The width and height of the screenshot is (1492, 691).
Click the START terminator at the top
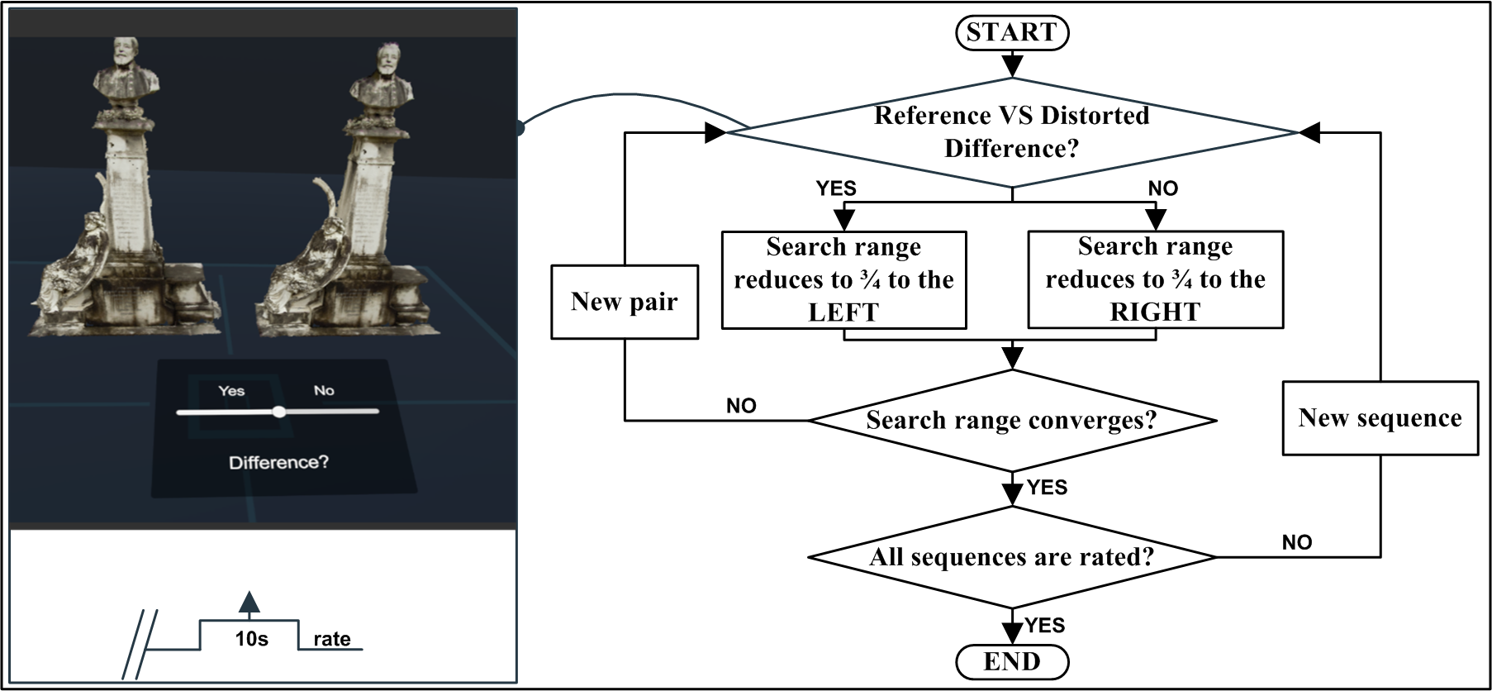[x=1011, y=33]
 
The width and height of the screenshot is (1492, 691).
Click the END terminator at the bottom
[x=1011, y=662]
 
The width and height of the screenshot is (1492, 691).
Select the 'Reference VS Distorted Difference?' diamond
[x=1011, y=132]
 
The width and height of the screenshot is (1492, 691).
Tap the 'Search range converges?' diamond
[x=1011, y=420]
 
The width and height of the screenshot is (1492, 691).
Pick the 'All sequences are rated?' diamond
[x=1011, y=557]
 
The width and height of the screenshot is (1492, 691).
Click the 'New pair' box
[x=625, y=302]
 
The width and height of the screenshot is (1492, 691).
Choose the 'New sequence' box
[x=1380, y=418]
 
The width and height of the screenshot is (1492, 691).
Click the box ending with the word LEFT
[x=843, y=279]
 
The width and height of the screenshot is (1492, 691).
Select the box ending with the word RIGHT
[x=1155, y=279]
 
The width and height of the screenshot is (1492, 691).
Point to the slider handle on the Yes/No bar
[x=279, y=411]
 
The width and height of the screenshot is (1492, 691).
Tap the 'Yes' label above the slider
[x=231, y=391]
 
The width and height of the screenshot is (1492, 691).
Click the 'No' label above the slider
[x=324, y=391]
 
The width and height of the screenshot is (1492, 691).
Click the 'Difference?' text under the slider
[x=278, y=462]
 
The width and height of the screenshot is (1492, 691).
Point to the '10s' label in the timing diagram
[x=251, y=639]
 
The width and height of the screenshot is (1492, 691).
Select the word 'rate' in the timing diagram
[x=331, y=639]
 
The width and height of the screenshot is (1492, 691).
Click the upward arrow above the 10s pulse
[x=249, y=603]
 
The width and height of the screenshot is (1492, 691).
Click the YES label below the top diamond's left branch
[x=836, y=188]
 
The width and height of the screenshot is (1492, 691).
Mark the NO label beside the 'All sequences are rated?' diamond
[x=1296, y=542]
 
